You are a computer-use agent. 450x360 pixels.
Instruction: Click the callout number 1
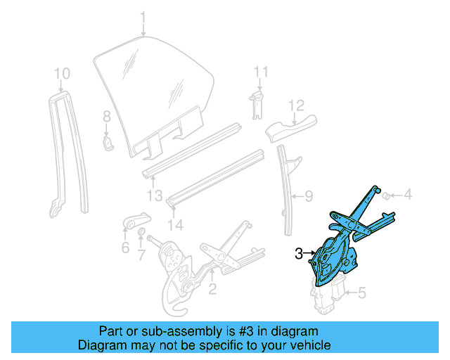(x=143, y=17)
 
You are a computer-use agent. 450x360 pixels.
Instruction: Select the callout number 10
(x=62, y=72)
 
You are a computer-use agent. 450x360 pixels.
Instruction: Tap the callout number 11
(x=261, y=72)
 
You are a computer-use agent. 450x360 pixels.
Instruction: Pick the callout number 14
(x=176, y=225)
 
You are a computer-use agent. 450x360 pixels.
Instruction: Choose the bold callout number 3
(x=299, y=253)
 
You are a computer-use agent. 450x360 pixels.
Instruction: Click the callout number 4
(x=407, y=195)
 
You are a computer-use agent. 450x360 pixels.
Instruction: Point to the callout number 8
(x=106, y=116)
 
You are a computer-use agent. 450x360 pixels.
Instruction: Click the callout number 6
(x=125, y=247)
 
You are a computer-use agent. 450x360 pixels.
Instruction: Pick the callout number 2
(x=212, y=287)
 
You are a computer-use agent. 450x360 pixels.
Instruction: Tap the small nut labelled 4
(x=386, y=195)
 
